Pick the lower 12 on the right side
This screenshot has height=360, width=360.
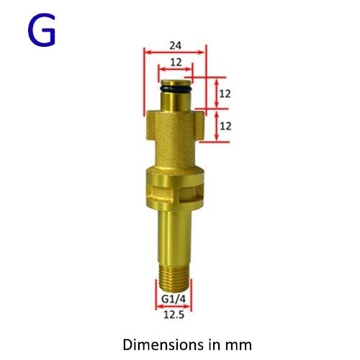coord(225,125)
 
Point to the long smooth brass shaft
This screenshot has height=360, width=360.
coord(175,230)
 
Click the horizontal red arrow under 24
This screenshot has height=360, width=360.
coord(175,52)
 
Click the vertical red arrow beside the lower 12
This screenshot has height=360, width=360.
coord(216,125)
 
